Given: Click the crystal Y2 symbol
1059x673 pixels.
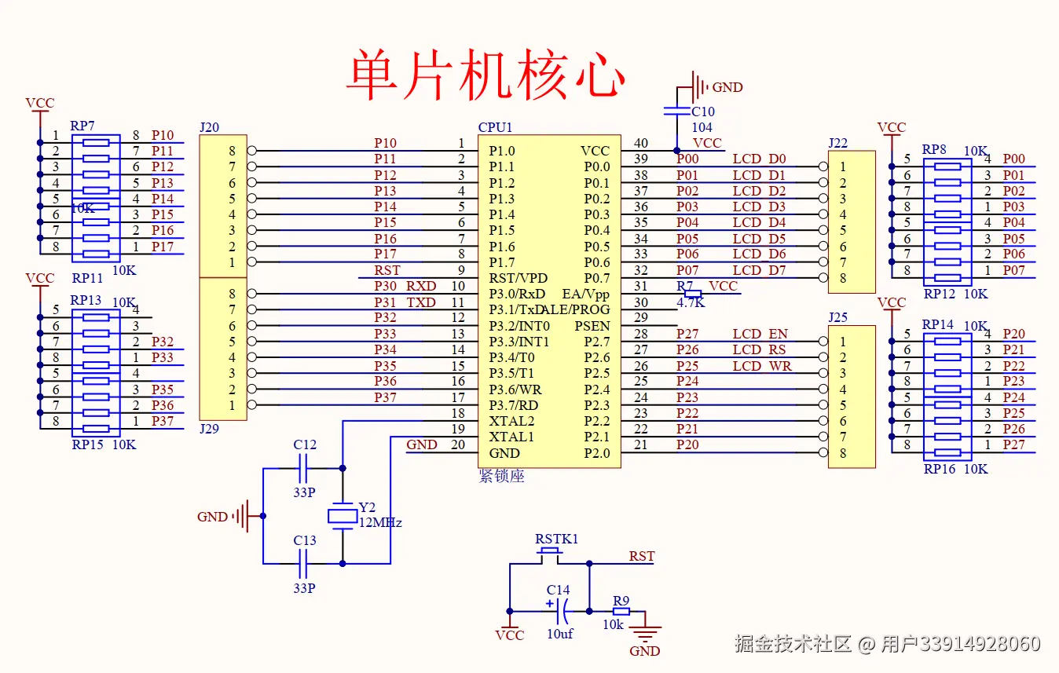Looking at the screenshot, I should pos(342,516).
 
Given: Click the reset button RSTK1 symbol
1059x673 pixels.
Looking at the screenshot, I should pos(550,554).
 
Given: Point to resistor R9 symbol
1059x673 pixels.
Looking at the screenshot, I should pos(621,611).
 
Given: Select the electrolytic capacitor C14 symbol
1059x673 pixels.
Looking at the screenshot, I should pos(561,610).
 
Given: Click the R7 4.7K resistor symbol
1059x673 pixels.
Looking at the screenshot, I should pos(692,294).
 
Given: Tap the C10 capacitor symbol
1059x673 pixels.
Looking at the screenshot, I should pos(677,111).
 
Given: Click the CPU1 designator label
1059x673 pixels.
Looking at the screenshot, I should pos(495,127).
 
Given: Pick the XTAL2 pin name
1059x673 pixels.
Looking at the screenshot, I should pos(511,421).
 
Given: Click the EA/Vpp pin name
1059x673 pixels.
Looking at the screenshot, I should pos(586,294).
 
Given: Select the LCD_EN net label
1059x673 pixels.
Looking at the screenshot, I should pos(760,335).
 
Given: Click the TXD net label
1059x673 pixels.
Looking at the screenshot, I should pos(421,302).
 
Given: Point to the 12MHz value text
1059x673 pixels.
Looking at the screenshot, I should pos(380,522).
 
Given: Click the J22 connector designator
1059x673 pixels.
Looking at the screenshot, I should pos(838,142).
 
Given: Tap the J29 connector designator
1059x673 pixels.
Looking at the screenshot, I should pos(209,429).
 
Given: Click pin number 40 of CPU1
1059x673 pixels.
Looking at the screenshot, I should pos(641,143).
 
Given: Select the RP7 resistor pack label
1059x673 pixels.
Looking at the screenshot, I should pos(82,126).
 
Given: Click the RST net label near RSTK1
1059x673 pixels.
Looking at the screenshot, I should pos(641,556).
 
